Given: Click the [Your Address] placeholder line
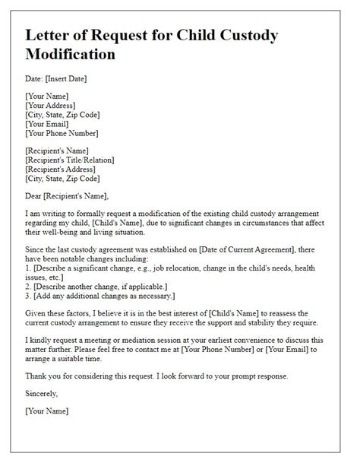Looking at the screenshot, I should (x=54, y=105).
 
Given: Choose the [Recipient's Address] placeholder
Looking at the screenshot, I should (x=63, y=168).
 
